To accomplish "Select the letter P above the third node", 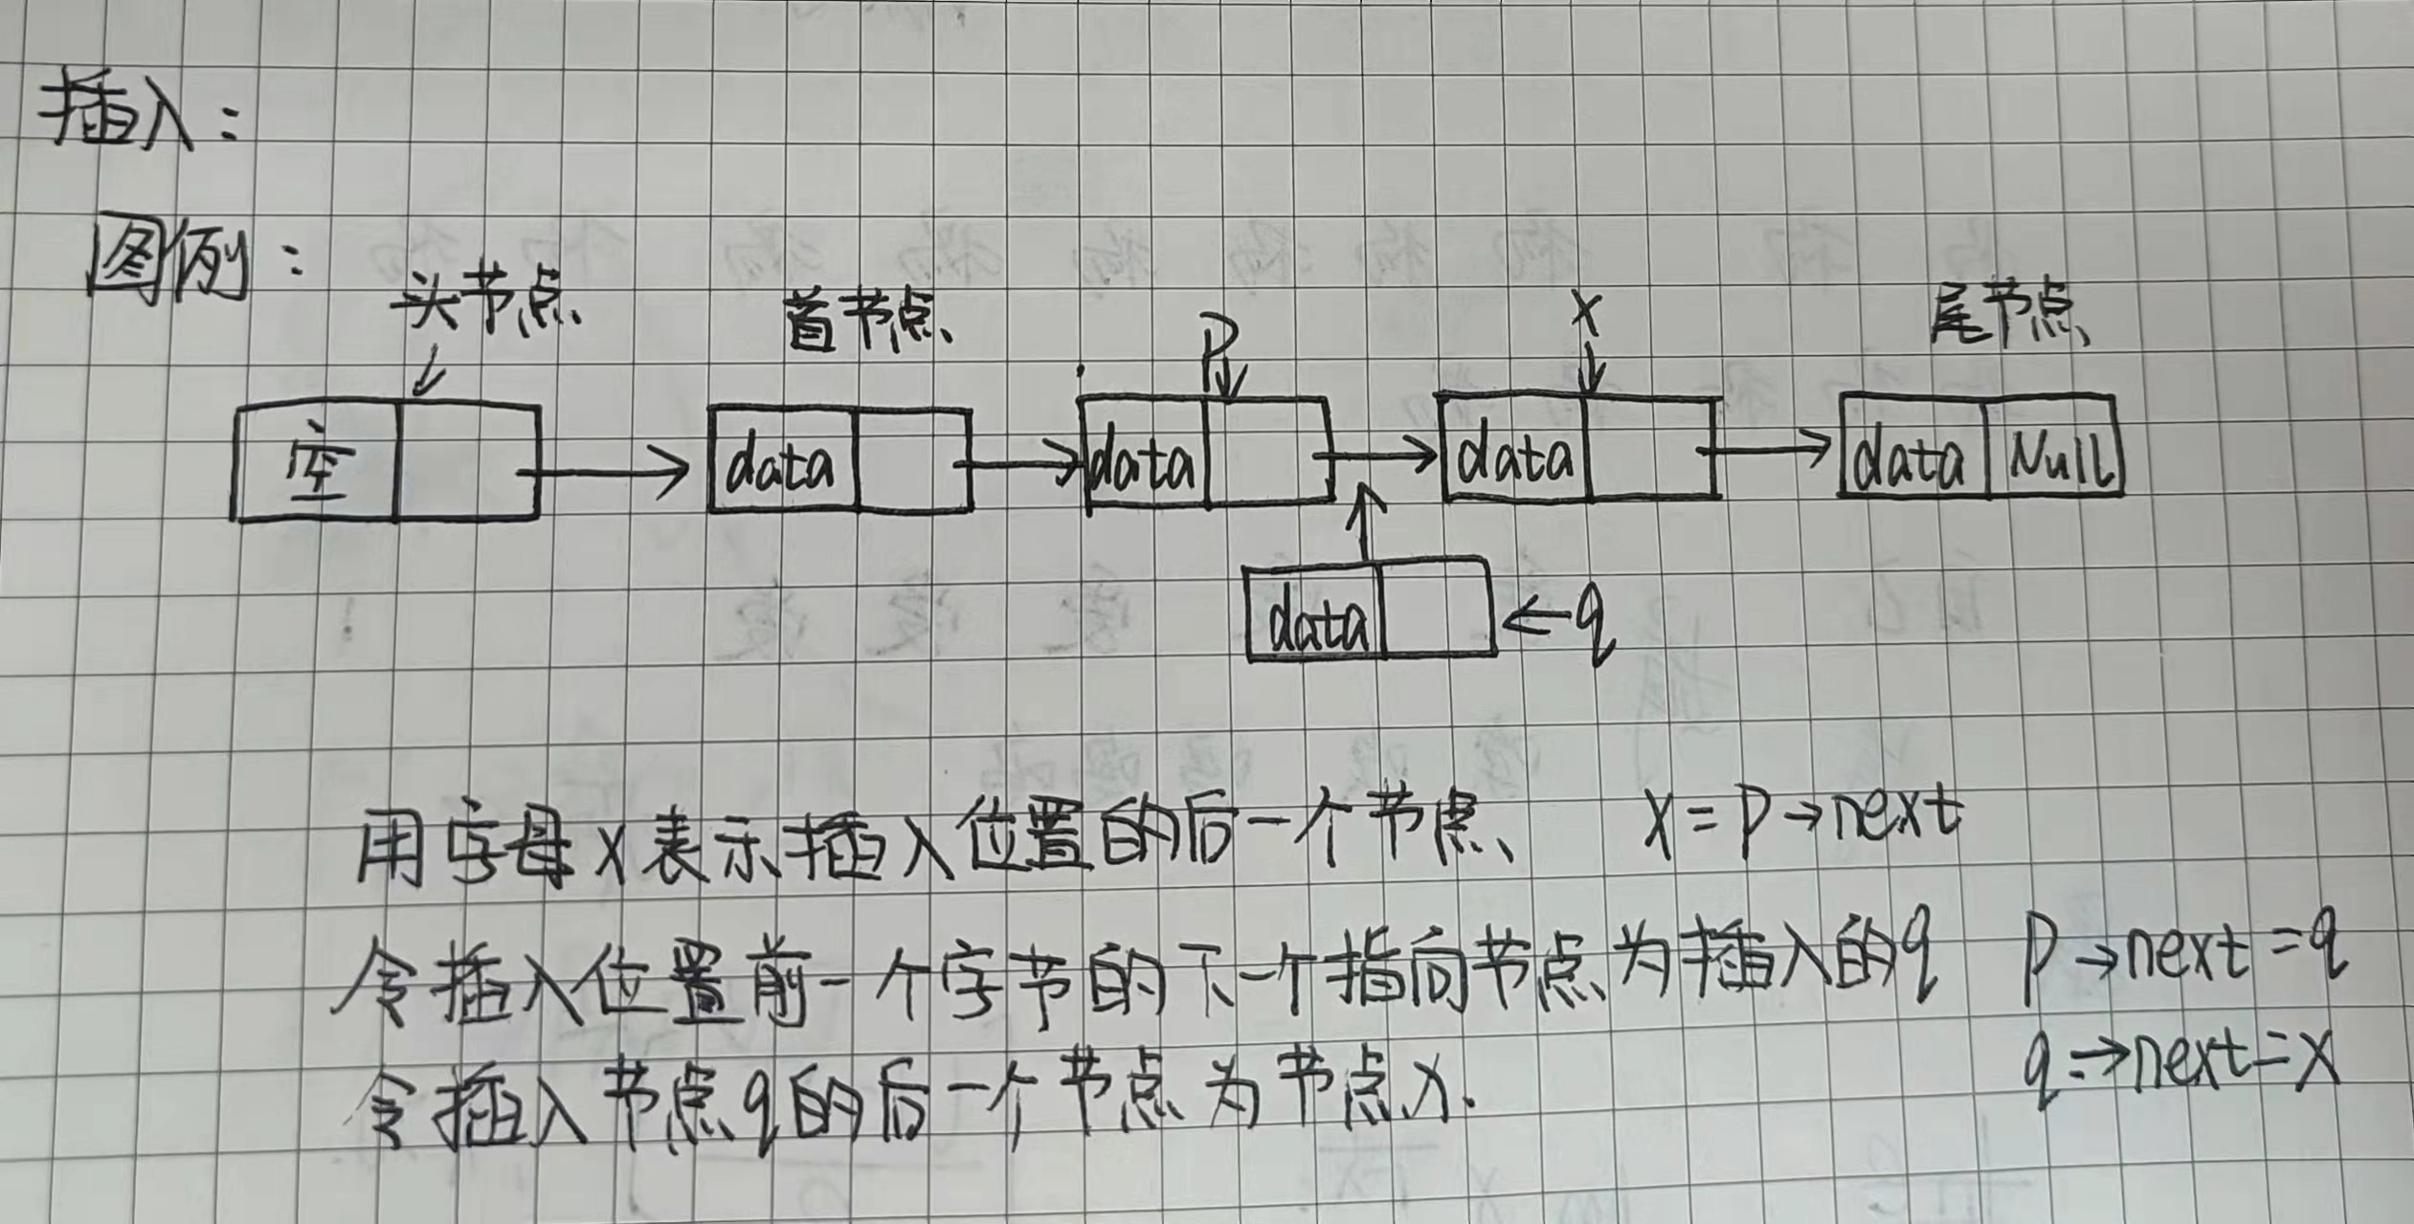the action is pos(1219,359).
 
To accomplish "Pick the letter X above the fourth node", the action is pos(1589,316).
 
